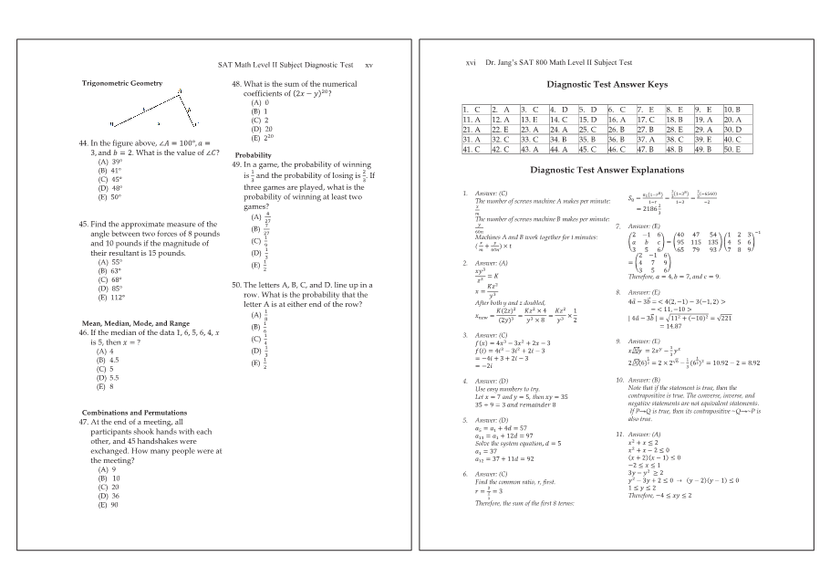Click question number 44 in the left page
point(85,143)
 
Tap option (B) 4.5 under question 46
point(109,361)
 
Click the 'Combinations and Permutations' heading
point(134,412)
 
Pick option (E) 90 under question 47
point(109,504)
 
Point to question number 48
point(237,83)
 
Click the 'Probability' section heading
point(252,155)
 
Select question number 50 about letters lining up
point(237,285)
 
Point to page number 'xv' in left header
point(368,65)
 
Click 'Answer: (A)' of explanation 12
point(642,434)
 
